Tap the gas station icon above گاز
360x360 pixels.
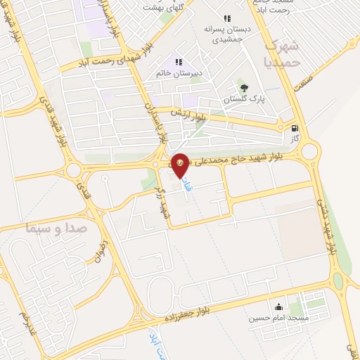coord(295,129)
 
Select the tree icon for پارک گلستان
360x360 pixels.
coord(244,87)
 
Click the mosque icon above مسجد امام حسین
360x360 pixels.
coord(279,307)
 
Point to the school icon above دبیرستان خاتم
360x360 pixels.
coord(179,62)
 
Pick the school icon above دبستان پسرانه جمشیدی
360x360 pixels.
coord(226,19)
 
